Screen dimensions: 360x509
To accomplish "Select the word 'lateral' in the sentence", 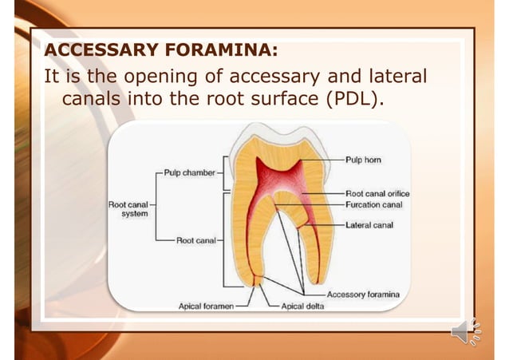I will pyautogui.click(x=391, y=77).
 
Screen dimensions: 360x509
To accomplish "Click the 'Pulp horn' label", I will pyautogui.click(x=363, y=160).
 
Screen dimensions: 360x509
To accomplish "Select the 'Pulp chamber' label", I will pyautogui.click(x=190, y=172).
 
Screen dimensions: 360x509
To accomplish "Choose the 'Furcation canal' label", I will pyautogui.click(x=374, y=204).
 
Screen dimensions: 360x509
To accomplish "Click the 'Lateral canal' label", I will pyautogui.click(x=369, y=225).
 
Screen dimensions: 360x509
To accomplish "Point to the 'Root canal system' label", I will pyautogui.click(x=128, y=209).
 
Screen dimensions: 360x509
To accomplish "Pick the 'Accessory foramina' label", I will pyautogui.click(x=363, y=295).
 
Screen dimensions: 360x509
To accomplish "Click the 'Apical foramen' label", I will pyautogui.click(x=206, y=306).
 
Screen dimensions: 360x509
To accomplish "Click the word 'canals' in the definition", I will pyautogui.click(x=100, y=102).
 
